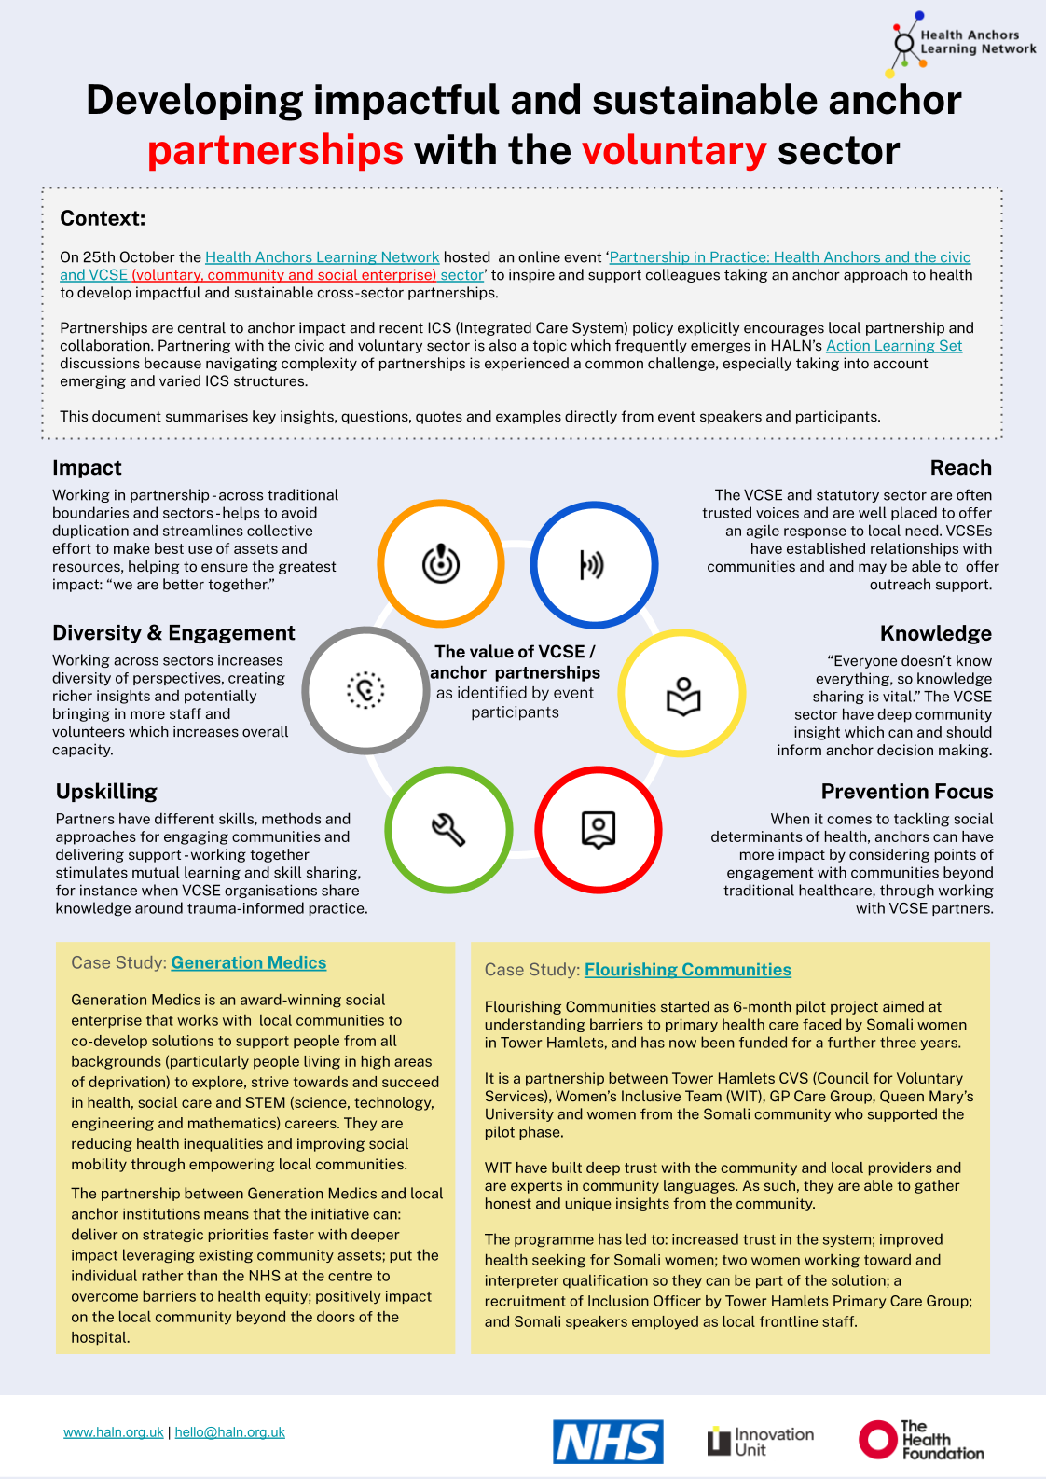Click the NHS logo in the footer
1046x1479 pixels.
[x=608, y=1442]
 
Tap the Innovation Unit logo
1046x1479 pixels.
[x=761, y=1442]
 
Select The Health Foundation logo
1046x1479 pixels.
[x=921, y=1440]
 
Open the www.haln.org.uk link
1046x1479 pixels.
[x=114, y=1432]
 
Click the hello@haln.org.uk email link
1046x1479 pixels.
[x=230, y=1432]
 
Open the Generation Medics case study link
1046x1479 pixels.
[x=249, y=962]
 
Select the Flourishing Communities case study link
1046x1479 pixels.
[x=688, y=970]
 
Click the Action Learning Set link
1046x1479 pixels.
[x=894, y=346]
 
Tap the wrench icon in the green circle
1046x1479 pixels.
[x=448, y=829]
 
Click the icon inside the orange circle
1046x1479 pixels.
[x=441, y=563]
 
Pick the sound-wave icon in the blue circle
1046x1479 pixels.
[x=593, y=564]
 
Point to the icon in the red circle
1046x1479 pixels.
[x=599, y=829]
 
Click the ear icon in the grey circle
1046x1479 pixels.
[x=365, y=690]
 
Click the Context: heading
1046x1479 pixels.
[x=103, y=218]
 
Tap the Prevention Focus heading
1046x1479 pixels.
[x=907, y=792]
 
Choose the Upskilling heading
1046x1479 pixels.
[x=106, y=792]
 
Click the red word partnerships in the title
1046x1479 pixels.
[x=275, y=150]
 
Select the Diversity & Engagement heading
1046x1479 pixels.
[x=173, y=633]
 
